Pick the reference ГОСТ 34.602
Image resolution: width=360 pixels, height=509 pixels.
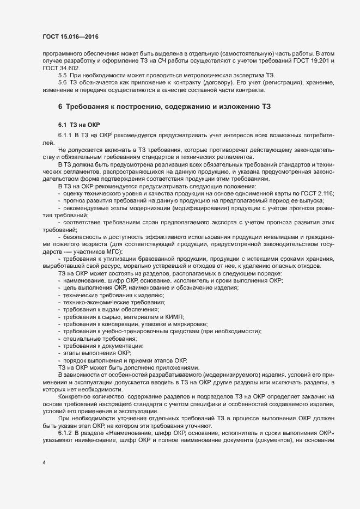click(x=57, y=68)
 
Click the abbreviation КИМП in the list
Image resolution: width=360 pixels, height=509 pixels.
click(x=174, y=316)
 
